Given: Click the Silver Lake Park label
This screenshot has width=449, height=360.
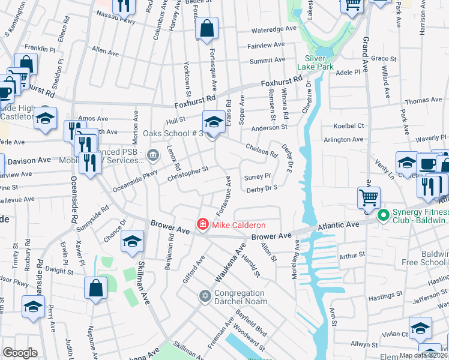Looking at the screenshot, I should click(x=319, y=63).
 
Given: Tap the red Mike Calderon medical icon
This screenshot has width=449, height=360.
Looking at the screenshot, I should click(x=203, y=225).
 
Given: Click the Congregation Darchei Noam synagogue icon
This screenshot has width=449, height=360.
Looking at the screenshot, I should click(x=205, y=296).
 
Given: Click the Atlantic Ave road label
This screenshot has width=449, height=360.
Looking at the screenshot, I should click(x=339, y=224).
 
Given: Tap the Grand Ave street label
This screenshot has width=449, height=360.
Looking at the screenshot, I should click(x=365, y=55).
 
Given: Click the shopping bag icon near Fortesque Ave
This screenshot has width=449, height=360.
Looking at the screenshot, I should click(x=206, y=28).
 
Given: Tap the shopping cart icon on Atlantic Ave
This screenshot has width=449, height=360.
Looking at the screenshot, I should click(x=369, y=197).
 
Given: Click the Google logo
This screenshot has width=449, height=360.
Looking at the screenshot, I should click(x=20, y=353).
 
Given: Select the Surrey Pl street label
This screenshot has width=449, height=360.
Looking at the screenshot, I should click(x=258, y=178).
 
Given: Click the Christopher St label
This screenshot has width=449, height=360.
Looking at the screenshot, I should click(x=188, y=173).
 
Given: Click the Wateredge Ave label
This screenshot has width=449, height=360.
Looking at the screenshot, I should click(x=274, y=29).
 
